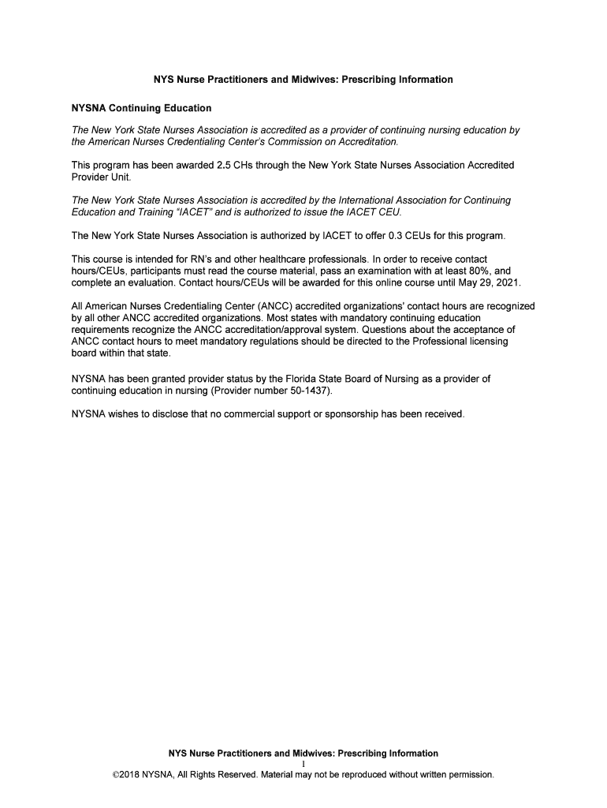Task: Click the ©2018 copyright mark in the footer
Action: point(128,774)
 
